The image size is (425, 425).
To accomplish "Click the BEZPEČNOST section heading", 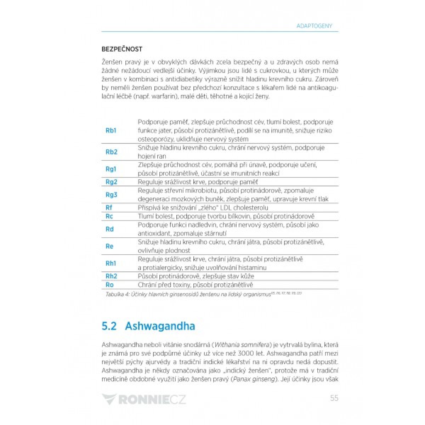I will coord(122,49).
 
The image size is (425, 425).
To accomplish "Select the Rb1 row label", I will coord(111,131).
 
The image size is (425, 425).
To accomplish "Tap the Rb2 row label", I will coord(111,152).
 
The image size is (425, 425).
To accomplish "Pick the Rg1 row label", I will coord(111,169).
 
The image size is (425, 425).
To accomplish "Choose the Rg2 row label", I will coord(111,182).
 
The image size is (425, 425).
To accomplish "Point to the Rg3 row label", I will coord(111,195).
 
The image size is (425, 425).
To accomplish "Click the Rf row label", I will coord(109,208).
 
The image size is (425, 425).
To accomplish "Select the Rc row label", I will coord(109,216).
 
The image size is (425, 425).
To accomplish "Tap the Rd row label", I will coord(109,229).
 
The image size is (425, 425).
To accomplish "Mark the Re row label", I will coord(109,246).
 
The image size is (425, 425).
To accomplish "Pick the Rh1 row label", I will coord(111,263).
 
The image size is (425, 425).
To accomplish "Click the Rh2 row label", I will coord(111,276).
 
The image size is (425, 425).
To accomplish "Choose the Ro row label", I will coord(109,285).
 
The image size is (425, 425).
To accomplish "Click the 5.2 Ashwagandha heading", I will coord(148,326).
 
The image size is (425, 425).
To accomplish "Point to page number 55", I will coord(334,398).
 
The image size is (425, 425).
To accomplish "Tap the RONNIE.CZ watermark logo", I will coord(143,399).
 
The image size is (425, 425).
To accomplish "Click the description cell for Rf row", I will coord(203,208).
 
